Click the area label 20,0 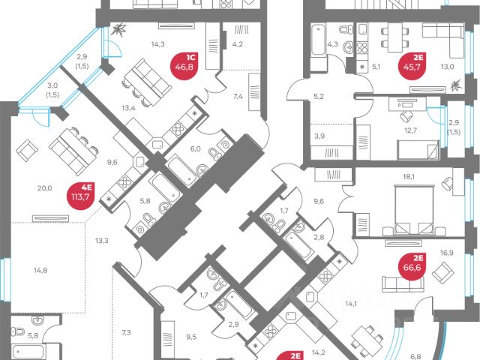coord(44,189)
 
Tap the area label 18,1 coord(409,178)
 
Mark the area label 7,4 coord(238,96)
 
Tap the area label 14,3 coord(157,45)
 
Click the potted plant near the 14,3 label coord(121,31)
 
